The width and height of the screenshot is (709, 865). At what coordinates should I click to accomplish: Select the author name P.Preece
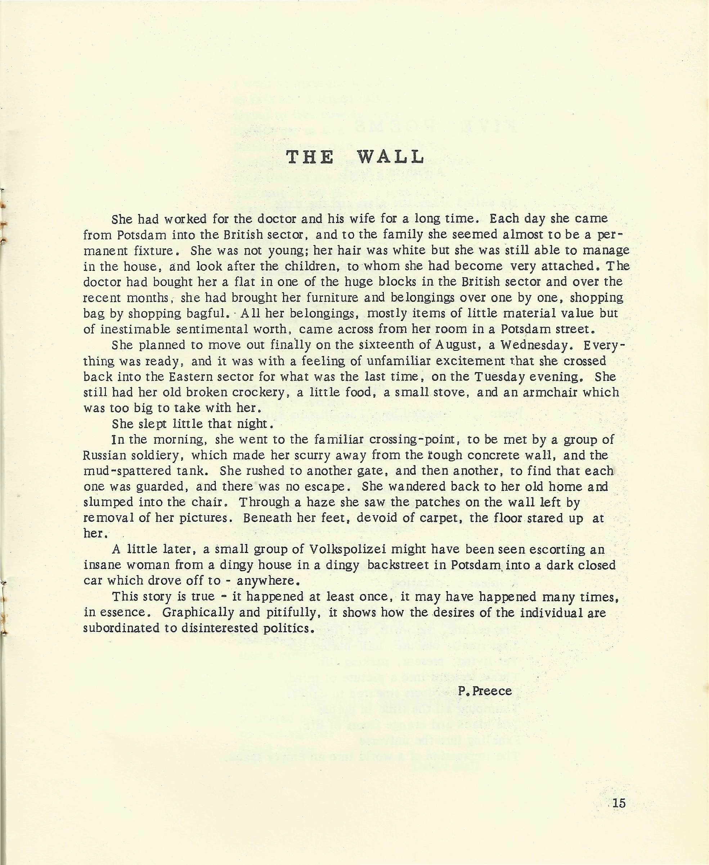tap(485, 691)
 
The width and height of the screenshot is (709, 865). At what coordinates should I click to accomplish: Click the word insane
tap(106, 565)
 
